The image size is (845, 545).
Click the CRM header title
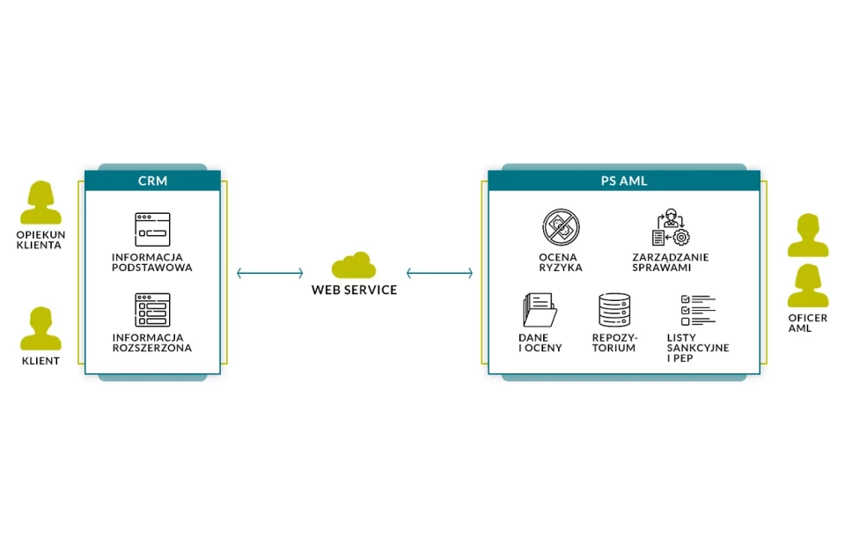click(152, 181)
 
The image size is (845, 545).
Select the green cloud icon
click(354, 265)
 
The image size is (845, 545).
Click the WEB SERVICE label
click(354, 290)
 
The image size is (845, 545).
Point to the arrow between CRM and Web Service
click(270, 274)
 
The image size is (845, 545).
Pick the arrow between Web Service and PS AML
click(439, 274)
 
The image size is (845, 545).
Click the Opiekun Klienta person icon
click(41, 203)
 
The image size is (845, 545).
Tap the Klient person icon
click(41, 329)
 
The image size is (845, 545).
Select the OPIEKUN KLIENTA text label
click(40, 239)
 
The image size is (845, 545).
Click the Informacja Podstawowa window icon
click(152, 230)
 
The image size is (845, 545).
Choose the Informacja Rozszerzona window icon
click(152, 310)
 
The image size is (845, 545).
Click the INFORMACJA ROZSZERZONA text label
click(152, 342)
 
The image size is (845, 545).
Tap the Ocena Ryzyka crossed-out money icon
click(561, 227)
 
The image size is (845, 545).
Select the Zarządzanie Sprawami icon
click(671, 228)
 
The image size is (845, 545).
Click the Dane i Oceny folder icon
click(539, 310)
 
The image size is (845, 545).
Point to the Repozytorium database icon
click(614, 310)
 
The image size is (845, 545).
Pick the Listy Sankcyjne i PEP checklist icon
click(697, 311)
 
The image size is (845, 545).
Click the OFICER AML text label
click(807, 323)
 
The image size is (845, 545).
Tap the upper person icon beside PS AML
click(807, 235)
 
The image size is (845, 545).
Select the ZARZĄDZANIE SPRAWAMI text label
click(671, 262)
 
